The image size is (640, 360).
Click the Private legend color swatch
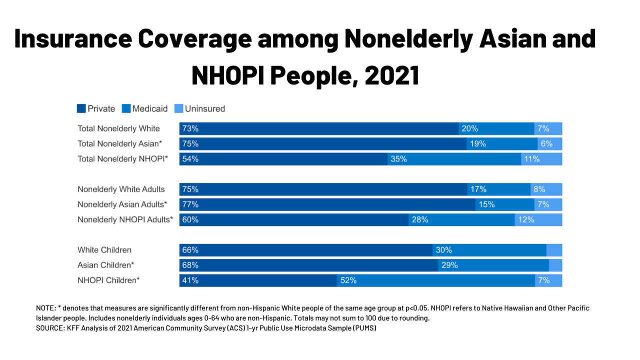click(x=81, y=108)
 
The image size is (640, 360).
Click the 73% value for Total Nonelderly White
click(x=190, y=128)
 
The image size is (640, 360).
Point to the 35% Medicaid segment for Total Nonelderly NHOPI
click(x=454, y=159)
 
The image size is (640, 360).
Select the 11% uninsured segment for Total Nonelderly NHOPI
click(x=541, y=159)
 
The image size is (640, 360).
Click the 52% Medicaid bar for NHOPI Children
click(x=436, y=280)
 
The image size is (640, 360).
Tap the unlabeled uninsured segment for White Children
click(x=554, y=250)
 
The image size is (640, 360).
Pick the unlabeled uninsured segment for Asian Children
click(x=555, y=265)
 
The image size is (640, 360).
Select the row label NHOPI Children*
click(x=108, y=280)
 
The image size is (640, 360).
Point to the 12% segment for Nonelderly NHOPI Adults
click(x=538, y=219)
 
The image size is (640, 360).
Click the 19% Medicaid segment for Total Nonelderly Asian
click(x=502, y=144)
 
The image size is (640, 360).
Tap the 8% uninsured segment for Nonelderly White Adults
click(x=546, y=189)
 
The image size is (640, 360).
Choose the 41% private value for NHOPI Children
click(x=190, y=280)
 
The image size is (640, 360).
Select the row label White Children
click(x=104, y=250)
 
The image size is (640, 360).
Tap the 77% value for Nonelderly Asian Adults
click(x=190, y=204)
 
